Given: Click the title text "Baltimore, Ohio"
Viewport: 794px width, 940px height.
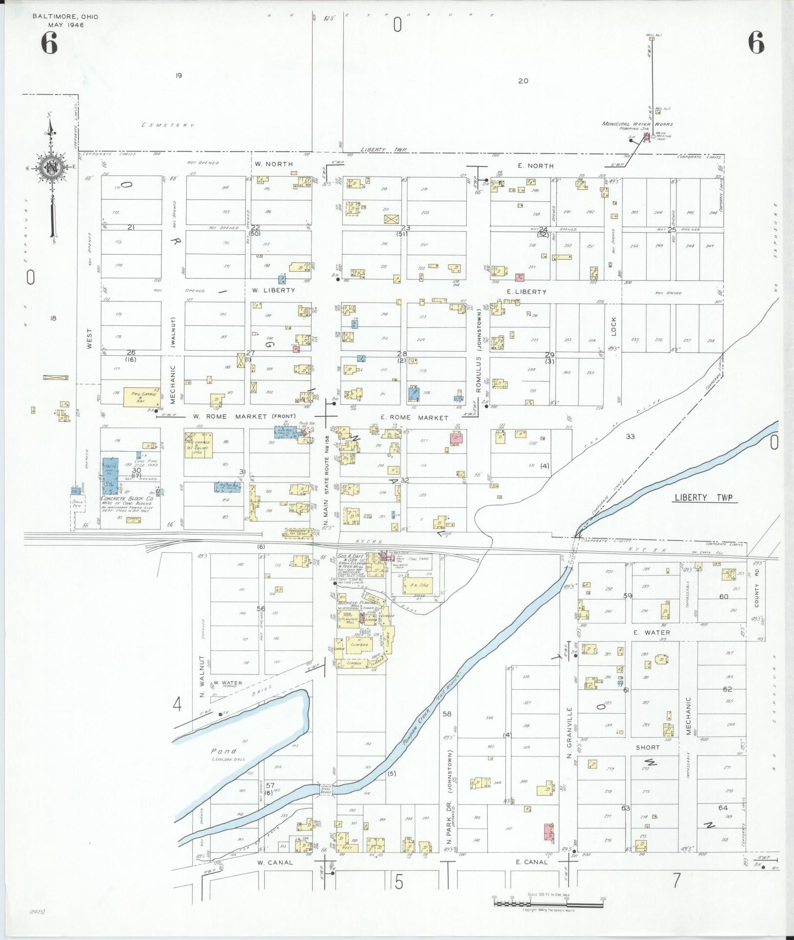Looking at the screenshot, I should click(x=65, y=17).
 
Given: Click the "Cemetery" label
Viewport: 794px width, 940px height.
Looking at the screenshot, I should click(x=168, y=125).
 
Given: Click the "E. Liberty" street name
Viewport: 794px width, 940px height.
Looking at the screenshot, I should click(x=527, y=292).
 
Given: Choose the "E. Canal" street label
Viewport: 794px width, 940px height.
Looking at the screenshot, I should click(x=532, y=862).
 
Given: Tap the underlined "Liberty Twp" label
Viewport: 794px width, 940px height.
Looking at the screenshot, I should click(x=705, y=498).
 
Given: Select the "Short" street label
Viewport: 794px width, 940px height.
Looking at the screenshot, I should click(x=647, y=747).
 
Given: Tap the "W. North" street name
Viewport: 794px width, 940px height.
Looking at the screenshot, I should click(x=273, y=164).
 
